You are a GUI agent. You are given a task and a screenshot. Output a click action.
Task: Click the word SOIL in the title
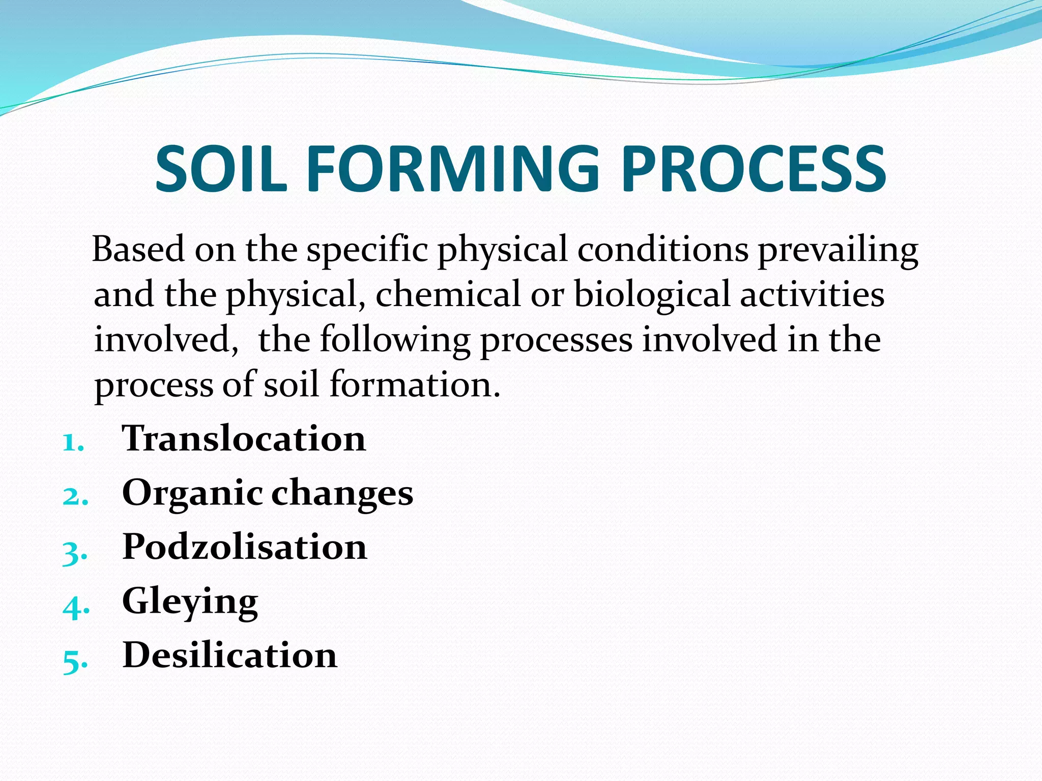(x=221, y=169)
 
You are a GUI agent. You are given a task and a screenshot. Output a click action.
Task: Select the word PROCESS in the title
(x=754, y=169)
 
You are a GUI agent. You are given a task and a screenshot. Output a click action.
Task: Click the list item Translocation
(x=244, y=438)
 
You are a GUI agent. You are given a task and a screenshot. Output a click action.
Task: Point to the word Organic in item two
(x=192, y=493)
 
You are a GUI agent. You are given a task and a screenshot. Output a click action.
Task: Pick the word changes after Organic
(x=342, y=493)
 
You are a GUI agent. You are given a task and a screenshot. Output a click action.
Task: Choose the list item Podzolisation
(x=244, y=547)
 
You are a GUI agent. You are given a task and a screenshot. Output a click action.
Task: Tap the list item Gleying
(x=190, y=602)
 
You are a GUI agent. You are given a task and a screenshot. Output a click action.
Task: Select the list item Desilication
(x=229, y=655)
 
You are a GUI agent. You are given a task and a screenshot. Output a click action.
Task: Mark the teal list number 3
(x=74, y=552)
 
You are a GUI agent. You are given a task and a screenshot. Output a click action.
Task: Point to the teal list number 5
(x=74, y=661)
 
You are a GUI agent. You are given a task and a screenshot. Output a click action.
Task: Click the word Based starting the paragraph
(x=138, y=250)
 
